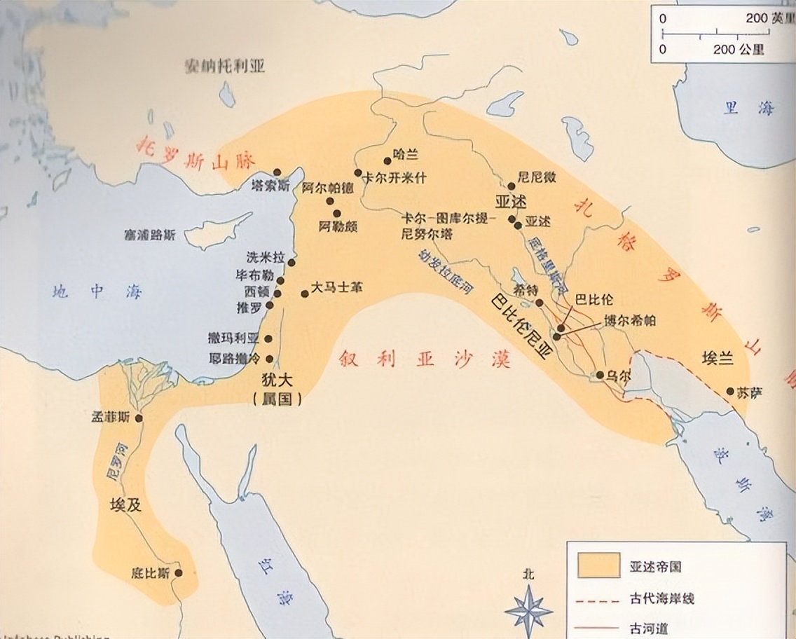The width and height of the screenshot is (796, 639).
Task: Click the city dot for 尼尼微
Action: pos(512,186)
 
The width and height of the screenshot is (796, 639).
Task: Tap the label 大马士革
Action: pos(338,287)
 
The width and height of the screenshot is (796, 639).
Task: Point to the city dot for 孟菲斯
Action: pos(139,418)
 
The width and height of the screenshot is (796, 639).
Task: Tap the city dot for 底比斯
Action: pos(178,572)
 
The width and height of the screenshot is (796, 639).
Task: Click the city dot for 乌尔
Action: pos(600,375)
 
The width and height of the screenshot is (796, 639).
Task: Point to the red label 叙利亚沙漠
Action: pos(424,359)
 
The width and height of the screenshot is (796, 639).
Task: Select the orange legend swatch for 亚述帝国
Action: pos(598,565)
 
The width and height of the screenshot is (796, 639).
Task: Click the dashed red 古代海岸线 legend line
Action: pos(598,600)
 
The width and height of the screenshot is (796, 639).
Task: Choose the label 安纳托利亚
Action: pos(224,68)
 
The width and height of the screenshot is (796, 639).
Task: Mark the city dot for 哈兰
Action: pos(387,160)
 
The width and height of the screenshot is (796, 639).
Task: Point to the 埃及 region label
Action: pos(125,504)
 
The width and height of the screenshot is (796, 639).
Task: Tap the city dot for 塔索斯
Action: pos(277,172)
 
